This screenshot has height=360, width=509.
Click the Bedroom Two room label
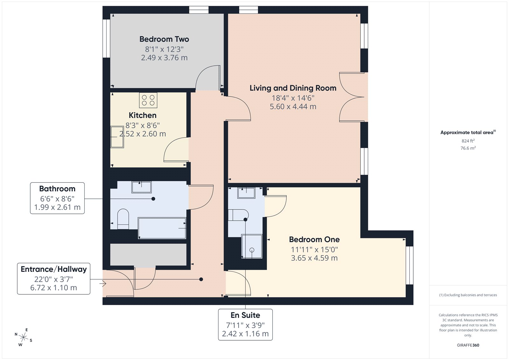pyautogui.click(x=164, y=39)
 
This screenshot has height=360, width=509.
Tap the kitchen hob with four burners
pyautogui.click(x=148, y=100)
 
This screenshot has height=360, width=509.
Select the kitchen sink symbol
pyautogui.click(x=117, y=137)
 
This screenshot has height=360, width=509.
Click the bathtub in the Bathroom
pyautogui.click(x=162, y=228)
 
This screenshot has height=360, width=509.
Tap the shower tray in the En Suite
pyautogui.click(x=252, y=246)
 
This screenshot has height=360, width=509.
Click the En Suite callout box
pyautogui.click(x=245, y=324)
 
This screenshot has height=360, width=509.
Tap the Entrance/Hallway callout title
pyautogui.click(x=54, y=269)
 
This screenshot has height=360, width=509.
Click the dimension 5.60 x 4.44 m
pyautogui.click(x=293, y=107)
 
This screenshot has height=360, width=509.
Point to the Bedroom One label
pyautogui.click(x=314, y=239)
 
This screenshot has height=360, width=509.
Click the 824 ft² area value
pyautogui.click(x=468, y=141)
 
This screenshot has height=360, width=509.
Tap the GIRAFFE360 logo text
pyautogui.click(x=468, y=345)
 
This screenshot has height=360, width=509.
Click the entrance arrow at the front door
pyautogui.click(x=102, y=283)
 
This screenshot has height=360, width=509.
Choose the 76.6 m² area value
pyautogui.click(x=468, y=148)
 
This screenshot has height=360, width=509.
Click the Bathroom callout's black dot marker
pyautogui.click(x=153, y=199)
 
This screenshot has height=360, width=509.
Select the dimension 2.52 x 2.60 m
pyautogui.click(x=143, y=134)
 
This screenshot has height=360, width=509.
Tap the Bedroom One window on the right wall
pyautogui.click(x=409, y=265)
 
